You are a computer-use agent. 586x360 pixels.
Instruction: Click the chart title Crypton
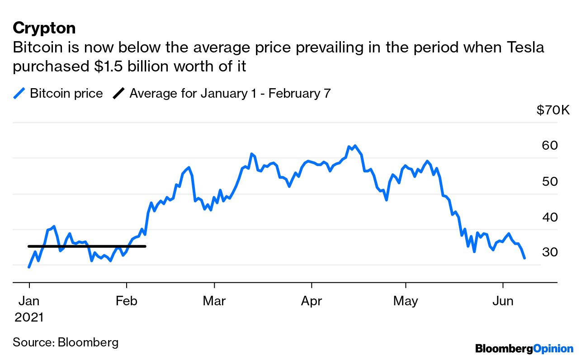pyautogui.click(x=44, y=28)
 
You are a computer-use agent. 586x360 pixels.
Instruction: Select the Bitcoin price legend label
pyautogui.click(x=66, y=94)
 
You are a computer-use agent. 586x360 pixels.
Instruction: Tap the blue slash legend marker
pyautogui.click(x=19, y=94)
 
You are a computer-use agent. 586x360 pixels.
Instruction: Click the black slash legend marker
pyautogui.click(x=118, y=94)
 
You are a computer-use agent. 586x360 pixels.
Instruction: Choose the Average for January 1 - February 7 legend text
pyautogui.click(x=230, y=94)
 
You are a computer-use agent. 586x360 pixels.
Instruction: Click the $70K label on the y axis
pyautogui.click(x=553, y=110)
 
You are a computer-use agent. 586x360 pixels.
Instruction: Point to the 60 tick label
pyautogui.click(x=549, y=146)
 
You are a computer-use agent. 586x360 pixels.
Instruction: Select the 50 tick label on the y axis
pyautogui.click(x=549, y=181)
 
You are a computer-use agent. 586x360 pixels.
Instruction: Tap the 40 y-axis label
pyautogui.click(x=549, y=217)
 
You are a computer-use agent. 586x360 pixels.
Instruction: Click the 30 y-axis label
pyautogui.click(x=549, y=252)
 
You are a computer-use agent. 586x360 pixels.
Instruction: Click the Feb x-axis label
pyautogui.click(x=127, y=301)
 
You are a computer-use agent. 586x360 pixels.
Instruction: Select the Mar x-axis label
pyautogui.click(x=214, y=301)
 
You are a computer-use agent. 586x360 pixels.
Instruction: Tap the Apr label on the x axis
pyautogui.click(x=312, y=301)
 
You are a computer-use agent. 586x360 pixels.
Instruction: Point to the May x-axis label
pyautogui.click(x=406, y=301)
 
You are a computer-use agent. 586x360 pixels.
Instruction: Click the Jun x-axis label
pyautogui.click(x=503, y=301)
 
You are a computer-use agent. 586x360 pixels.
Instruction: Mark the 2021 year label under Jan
pyautogui.click(x=29, y=317)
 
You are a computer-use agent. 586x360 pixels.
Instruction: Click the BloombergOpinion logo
pyautogui.click(x=524, y=349)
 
